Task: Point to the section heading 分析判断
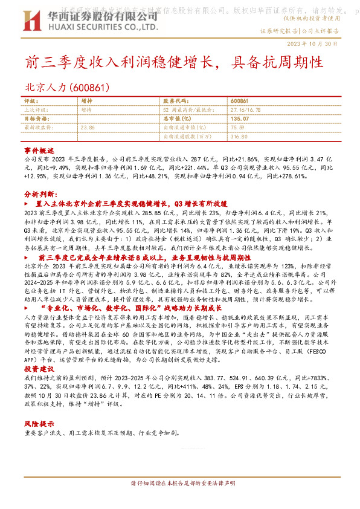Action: (x=40, y=196)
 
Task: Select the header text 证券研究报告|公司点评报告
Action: (x=300, y=30)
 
